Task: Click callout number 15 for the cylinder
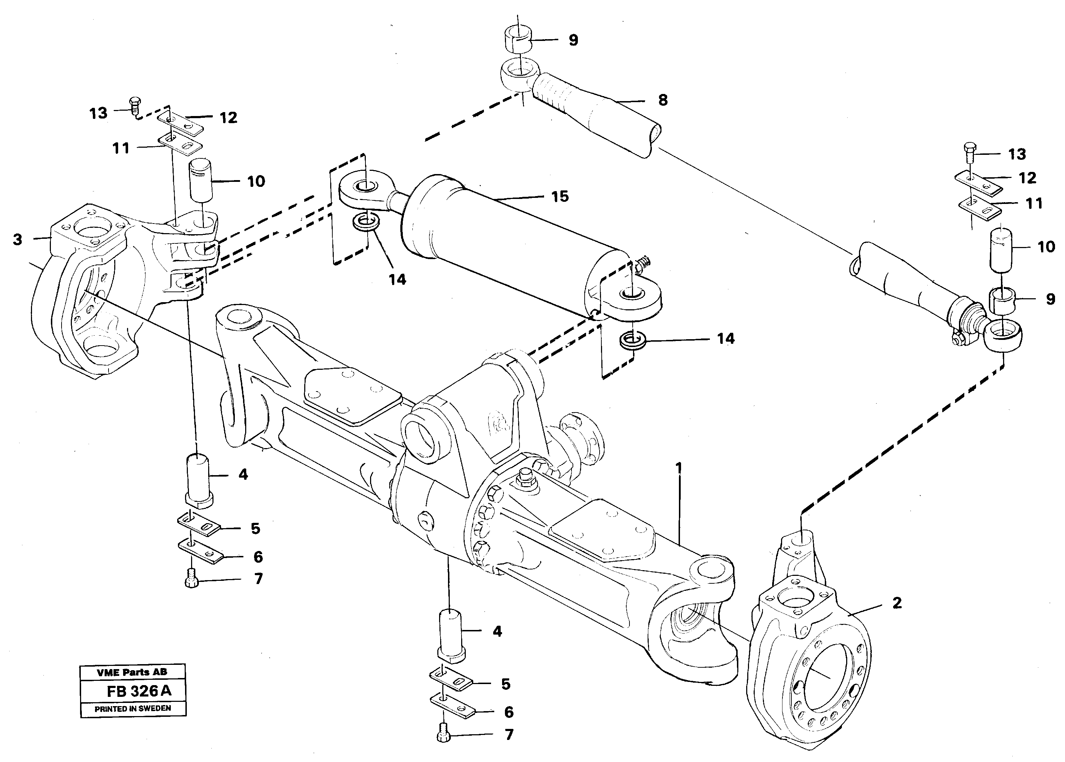(560, 196)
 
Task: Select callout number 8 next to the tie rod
(663, 100)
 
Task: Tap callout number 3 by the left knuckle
(17, 240)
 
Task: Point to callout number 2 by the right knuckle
(897, 603)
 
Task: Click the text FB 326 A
(139, 691)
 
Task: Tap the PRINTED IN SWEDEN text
(133, 709)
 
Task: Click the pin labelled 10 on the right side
(1001, 249)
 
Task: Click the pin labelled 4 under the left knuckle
(199, 479)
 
